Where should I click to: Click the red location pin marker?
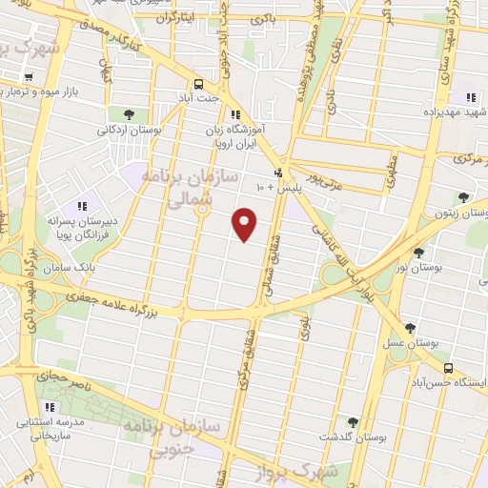coord(245,224)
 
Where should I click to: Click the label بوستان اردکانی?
coord(131,128)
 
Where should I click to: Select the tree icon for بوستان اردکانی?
coord(130,114)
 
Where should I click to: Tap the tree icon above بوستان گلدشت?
coord(353,421)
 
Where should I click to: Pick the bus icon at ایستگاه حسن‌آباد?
coord(448,368)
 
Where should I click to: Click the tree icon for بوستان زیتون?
coord(464,197)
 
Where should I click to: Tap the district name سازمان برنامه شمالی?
coord(181,187)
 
